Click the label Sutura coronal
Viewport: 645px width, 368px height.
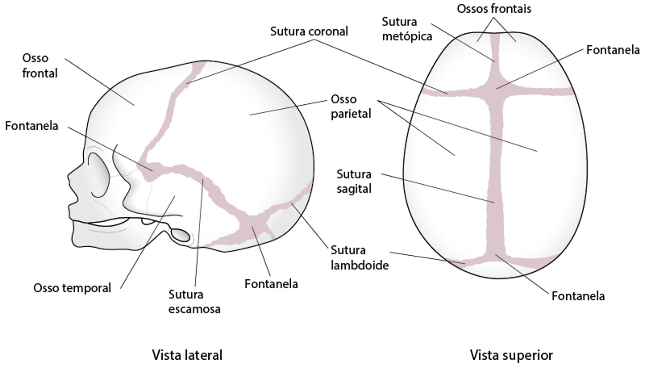309,31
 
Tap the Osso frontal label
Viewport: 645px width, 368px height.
40,66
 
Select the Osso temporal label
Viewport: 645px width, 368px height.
72,288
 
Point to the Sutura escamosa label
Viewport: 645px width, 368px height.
194,302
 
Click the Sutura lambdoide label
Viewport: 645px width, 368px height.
359,258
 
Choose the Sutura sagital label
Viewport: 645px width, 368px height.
354,182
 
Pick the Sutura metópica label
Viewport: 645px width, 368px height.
406,29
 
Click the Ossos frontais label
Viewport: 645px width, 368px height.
494,9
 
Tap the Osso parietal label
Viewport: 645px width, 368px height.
351,106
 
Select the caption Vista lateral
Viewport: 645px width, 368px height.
187,355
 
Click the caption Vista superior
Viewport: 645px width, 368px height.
511,355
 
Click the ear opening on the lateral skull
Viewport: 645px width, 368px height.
181,235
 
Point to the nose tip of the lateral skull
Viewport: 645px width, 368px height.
69,175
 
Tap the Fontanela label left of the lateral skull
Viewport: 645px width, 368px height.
32,126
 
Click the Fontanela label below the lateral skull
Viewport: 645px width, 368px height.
271,284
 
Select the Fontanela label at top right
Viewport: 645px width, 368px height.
613,50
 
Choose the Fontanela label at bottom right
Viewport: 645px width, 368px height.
578,296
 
